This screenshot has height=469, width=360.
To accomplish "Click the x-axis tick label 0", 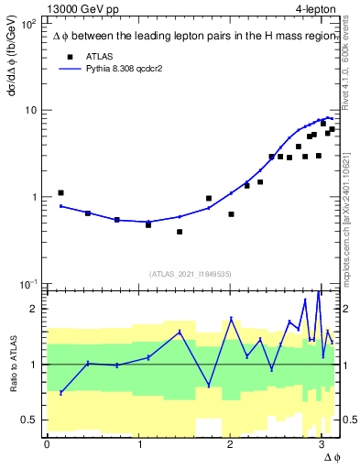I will [47, 443].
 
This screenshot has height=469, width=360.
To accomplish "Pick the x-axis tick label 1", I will [138, 443].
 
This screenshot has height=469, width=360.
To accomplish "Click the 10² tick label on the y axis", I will [29, 24].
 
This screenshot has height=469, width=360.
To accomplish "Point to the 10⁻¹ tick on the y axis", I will [29, 283].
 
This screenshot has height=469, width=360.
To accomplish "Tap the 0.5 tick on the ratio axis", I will [29, 420].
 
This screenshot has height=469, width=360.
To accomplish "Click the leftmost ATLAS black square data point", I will [60, 193].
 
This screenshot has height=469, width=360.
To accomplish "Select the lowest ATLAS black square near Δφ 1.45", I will [180, 232].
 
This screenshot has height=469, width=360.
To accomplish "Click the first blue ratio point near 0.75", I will [60, 392].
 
